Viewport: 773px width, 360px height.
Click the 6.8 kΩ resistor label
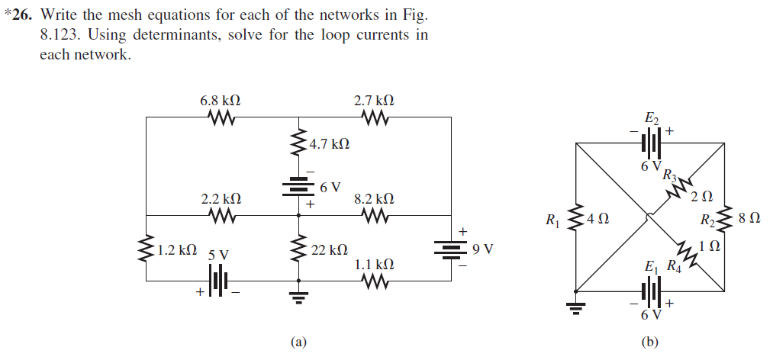(220, 100)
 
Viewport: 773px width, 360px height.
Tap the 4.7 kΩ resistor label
(331, 143)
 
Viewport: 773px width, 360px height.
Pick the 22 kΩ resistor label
(330, 249)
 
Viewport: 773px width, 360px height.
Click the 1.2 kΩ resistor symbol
(146, 249)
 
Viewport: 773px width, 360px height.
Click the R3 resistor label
(669, 174)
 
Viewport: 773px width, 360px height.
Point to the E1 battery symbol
(650, 291)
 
